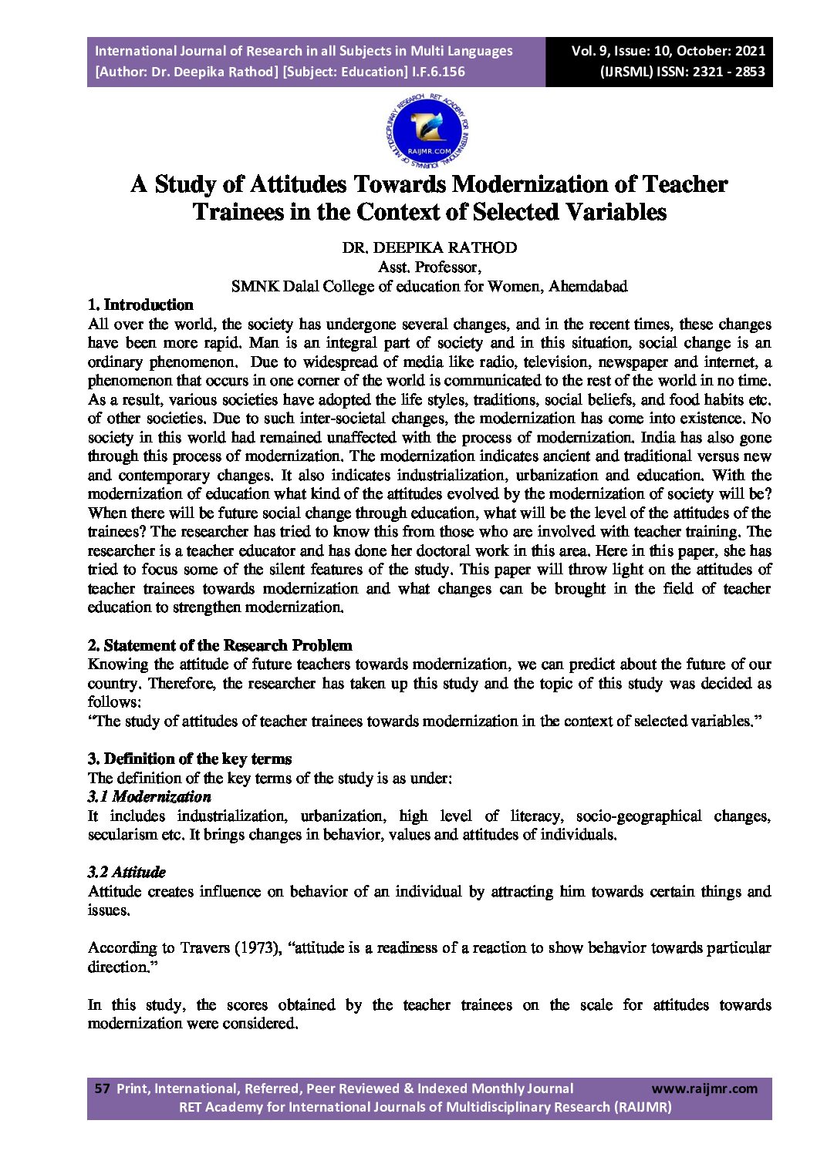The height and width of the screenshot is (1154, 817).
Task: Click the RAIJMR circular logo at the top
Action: click(427, 133)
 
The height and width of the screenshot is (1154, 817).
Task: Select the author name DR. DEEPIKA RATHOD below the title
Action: click(430, 247)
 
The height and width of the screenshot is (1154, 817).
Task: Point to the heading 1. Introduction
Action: click(140, 304)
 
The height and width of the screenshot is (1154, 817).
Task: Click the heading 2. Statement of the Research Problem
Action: click(220, 645)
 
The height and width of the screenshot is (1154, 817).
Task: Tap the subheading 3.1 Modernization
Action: click(149, 796)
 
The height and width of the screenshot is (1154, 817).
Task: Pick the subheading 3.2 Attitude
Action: click(127, 872)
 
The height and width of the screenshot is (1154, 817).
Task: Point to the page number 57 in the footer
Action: click(102, 1088)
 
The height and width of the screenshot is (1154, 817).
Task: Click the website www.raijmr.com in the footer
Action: click(704, 1088)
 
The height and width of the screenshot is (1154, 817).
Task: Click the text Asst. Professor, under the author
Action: click(430, 267)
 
